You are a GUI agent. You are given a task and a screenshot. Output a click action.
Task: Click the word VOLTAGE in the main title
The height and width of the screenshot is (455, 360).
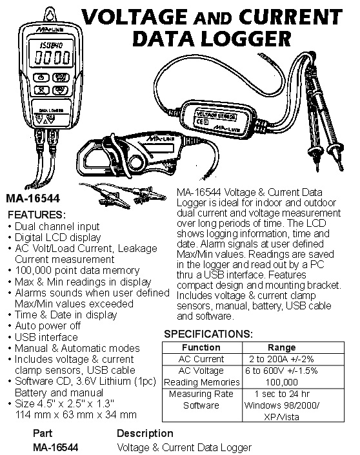coord(135,17)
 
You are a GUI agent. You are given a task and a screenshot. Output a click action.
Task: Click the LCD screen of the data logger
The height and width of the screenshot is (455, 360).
coord(52,53)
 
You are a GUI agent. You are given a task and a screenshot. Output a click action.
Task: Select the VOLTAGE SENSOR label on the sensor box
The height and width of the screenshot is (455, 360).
coord(216,115)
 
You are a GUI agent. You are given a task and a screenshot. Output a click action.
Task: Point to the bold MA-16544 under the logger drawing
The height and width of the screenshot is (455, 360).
coord(33,198)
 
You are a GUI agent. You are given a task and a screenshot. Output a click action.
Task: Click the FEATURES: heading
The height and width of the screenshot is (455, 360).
coord(37,215)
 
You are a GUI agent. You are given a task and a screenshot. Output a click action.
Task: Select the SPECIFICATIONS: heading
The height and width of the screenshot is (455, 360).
coord(208,334)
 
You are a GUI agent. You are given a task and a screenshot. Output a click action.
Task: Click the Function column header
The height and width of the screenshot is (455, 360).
coord(201,347)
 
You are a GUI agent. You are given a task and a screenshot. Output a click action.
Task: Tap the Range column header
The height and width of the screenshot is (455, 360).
coord(281,347)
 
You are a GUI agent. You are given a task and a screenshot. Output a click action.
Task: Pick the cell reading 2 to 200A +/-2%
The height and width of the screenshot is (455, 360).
coord(281,359)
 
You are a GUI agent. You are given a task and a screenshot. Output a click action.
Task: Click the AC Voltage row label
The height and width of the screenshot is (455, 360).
coord(201,371)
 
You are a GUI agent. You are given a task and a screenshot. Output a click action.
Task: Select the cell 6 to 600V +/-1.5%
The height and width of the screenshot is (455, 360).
coord(281,371)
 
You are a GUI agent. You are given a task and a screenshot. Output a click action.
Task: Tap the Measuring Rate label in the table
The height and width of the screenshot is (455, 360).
coord(201,394)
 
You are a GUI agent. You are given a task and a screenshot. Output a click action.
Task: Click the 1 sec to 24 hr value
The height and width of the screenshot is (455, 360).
coord(282,394)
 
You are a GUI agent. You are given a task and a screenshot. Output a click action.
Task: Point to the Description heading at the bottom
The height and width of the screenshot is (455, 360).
coord(145,434)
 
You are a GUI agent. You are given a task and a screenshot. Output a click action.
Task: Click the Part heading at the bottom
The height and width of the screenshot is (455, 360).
coord(43,433)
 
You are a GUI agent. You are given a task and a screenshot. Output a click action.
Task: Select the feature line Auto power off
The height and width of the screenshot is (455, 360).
coord(48,326)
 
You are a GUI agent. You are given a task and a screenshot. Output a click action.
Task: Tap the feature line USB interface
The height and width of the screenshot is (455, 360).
coord(46,337)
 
